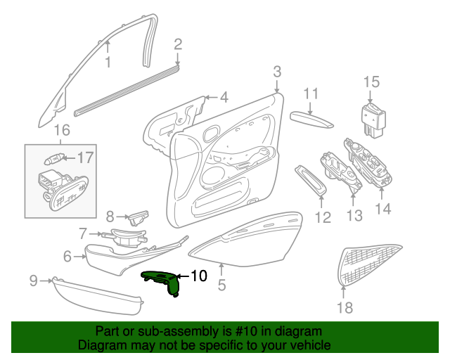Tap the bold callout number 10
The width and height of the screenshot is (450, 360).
(198, 276)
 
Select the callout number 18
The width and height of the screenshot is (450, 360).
(345, 307)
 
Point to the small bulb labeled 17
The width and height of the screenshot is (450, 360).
(53, 159)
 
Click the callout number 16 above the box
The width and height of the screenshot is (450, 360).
(62, 130)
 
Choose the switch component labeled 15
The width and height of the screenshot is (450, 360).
(373, 120)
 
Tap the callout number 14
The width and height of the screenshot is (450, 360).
(382, 209)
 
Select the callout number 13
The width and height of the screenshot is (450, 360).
(354, 215)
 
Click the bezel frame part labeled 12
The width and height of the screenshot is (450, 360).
(311, 181)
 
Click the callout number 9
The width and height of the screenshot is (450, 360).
(34, 280)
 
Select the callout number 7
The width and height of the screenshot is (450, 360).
(83, 233)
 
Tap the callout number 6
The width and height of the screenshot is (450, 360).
(67, 256)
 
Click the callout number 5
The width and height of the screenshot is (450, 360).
(221, 285)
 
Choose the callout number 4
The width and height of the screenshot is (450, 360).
(224, 97)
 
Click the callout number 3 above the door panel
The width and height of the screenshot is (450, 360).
(277, 72)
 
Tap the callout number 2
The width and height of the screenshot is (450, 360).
(178, 44)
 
